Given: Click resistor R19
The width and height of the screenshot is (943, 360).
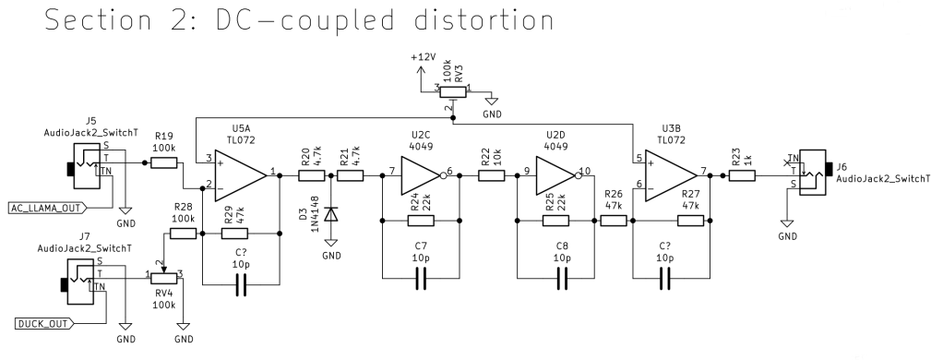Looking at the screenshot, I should point(163,163).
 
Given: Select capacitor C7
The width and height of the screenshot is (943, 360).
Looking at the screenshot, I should point(423,277).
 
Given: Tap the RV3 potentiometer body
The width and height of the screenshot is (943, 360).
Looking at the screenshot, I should point(453,90).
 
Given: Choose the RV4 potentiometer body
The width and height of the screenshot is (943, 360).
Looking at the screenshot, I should point(163,275).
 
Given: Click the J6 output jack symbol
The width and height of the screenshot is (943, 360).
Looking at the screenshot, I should point(812,172).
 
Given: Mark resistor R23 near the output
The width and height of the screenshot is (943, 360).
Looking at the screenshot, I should point(742,173).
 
